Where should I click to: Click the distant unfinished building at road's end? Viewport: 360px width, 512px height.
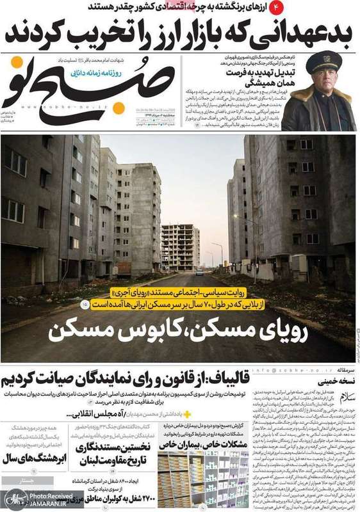tap(180, 246)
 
